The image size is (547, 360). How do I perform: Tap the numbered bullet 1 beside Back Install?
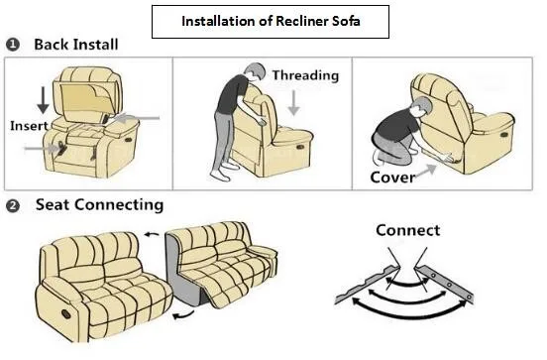tap(13, 45)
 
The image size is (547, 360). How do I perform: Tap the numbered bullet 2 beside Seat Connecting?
tap(13, 205)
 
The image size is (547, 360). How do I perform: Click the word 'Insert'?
tap(29, 126)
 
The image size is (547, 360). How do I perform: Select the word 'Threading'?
tap(305, 75)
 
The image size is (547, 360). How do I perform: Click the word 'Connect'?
tap(407, 230)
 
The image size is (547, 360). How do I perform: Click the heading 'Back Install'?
tap(76, 45)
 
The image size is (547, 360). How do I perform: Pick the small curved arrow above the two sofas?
tap(152, 235)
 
